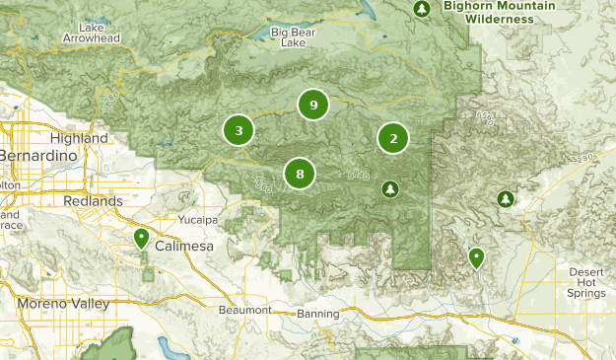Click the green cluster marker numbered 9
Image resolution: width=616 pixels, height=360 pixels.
click(312, 105)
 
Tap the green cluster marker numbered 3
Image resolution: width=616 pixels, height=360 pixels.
click(239, 130)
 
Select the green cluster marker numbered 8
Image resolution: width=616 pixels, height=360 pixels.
click(300, 174)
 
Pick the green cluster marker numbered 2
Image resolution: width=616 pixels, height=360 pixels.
click(393, 139)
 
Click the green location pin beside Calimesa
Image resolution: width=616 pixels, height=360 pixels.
click(142, 238)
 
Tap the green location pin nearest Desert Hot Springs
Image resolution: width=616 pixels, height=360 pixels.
click(476, 257)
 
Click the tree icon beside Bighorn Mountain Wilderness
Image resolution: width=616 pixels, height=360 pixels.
click(422, 10)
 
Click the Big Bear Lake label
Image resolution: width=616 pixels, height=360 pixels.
click(294, 37)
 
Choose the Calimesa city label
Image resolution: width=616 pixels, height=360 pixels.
click(183, 246)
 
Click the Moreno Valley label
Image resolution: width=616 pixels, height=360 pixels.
click(62, 304)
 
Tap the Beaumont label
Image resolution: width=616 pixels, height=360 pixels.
click(244, 310)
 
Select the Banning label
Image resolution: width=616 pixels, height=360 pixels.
click(317, 314)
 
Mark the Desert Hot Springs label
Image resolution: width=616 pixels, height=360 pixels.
click(590, 282)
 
